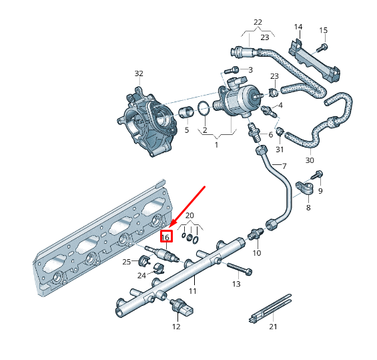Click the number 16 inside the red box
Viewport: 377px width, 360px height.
point(166,236)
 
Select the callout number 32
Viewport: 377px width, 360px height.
point(139,73)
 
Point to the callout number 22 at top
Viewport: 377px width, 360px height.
point(258,22)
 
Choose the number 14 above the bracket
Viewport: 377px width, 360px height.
point(298,27)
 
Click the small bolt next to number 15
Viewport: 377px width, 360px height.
point(324,46)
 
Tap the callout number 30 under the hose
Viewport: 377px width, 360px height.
point(309,160)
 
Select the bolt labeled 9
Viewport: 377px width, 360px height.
point(318,175)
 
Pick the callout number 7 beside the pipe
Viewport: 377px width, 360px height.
point(284,166)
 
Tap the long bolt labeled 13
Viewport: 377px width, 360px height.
point(238,269)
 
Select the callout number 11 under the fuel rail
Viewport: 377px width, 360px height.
point(192,291)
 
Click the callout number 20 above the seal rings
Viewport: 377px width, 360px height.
point(190,215)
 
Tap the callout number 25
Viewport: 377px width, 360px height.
point(127,261)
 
